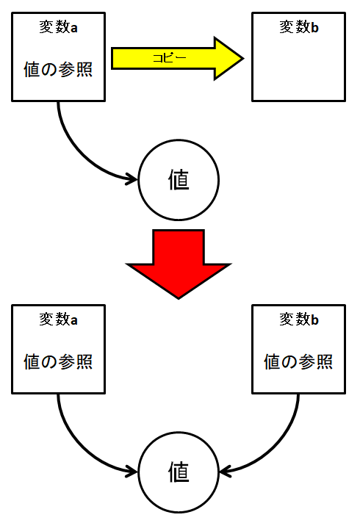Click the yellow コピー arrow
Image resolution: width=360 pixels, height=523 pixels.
pyautogui.click(x=177, y=58)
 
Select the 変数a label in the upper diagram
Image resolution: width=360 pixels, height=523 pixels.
pyautogui.click(x=58, y=27)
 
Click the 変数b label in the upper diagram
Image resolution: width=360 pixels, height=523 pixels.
pyautogui.click(x=299, y=27)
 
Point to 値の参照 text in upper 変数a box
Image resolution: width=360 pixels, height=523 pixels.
pyautogui.click(x=58, y=70)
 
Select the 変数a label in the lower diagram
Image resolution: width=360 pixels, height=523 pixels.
pyautogui.click(x=58, y=320)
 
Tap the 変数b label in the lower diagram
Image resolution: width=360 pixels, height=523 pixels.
pyautogui.click(x=299, y=320)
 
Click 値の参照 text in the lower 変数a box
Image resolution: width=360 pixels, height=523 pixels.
pyautogui.click(x=58, y=362)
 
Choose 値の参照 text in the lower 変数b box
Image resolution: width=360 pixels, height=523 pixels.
pyautogui.click(x=298, y=362)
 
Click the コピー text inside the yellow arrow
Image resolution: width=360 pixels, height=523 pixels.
pyautogui.click(x=170, y=58)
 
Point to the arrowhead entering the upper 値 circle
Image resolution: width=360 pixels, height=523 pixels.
pyautogui.click(x=132, y=179)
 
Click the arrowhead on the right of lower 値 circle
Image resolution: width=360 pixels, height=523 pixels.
pyautogui.click(x=226, y=472)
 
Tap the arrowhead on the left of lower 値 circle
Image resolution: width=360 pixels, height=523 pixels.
pyautogui.click(x=132, y=472)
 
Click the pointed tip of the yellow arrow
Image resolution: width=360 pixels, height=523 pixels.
pyautogui.click(x=244, y=58)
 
